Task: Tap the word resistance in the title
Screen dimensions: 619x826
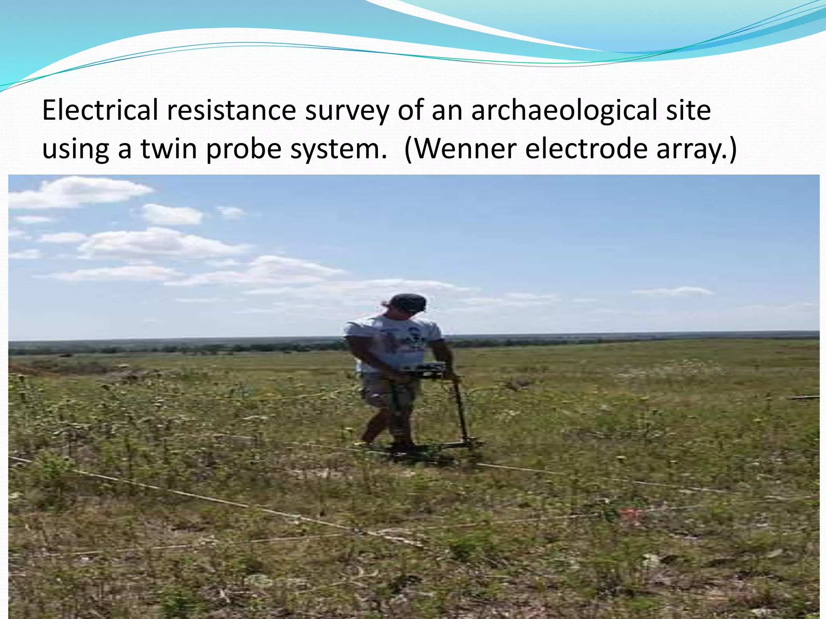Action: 232,110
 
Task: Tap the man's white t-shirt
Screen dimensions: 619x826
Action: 393,343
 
